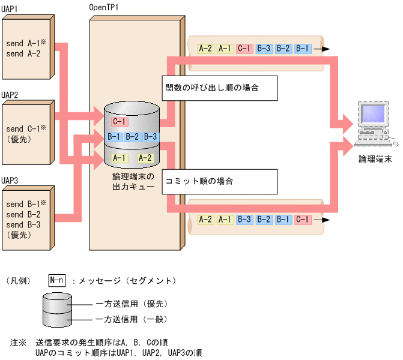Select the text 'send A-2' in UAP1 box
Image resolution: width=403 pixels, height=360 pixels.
(23, 53)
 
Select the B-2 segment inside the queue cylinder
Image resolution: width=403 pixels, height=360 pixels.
(132, 137)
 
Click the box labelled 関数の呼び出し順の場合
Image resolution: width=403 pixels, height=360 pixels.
(219, 88)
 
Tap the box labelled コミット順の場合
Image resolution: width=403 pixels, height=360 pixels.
(219, 181)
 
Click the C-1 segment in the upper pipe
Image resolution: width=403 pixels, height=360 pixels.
(244, 49)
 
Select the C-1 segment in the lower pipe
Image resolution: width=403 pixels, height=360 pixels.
(303, 220)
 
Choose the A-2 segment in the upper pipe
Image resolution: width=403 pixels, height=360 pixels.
(205, 49)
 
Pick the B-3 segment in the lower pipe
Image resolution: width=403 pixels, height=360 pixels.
(244, 220)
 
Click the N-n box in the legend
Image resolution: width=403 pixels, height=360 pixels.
(57, 280)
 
